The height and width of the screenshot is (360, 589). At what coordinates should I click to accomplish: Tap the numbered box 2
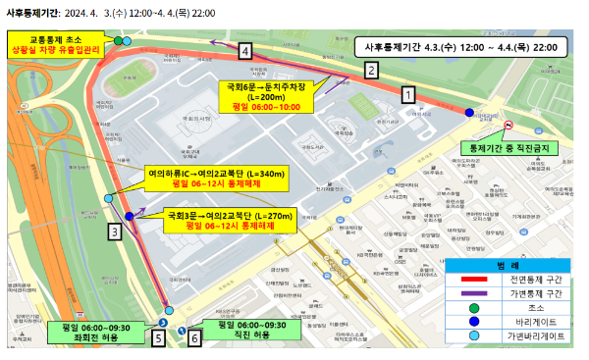(x=371, y=70)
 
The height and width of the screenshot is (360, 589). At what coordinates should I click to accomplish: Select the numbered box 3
(x=116, y=231)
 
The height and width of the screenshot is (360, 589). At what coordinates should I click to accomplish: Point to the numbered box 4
(x=245, y=51)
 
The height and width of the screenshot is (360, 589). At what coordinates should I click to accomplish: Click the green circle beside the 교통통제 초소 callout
(x=118, y=40)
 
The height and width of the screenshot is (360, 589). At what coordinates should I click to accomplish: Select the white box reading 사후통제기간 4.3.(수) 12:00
(x=460, y=47)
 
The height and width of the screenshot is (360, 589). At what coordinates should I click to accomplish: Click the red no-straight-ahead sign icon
(x=509, y=126)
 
